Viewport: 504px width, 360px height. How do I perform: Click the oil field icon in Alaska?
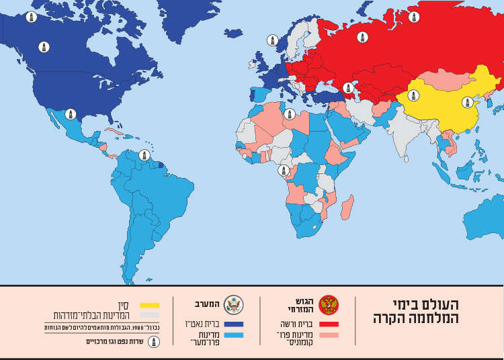pyautogui.click(x=31, y=16)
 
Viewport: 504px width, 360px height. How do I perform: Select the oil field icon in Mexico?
pyautogui.click(x=70, y=115)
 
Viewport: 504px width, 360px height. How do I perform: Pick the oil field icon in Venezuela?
pyautogui.click(x=143, y=156)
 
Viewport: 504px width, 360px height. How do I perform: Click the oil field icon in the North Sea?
pyautogui.click(x=273, y=40)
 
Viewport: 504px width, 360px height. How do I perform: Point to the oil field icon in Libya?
pyautogui.click(x=289, y=114)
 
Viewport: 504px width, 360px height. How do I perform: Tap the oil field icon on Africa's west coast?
pyautogui.click(x=284, y=171)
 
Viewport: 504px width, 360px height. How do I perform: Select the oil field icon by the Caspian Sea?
pyautogui.click(x=347, y=88)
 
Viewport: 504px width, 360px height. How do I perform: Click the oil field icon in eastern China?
pyautogui.click(x=466, y=102)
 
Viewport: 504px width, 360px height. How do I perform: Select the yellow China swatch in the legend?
pyautogui.click(x=150, y=305)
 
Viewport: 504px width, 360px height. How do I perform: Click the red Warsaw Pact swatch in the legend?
pyautogui.click(x=329, y=324)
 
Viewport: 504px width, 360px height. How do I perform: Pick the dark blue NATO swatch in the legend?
pyautogui.click(x=234, y=324)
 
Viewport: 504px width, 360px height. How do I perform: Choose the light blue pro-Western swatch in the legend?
pyautogui.click(x=234, y=334)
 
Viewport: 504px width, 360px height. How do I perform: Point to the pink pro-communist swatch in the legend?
pyautogui.click(x=329, y=334)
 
